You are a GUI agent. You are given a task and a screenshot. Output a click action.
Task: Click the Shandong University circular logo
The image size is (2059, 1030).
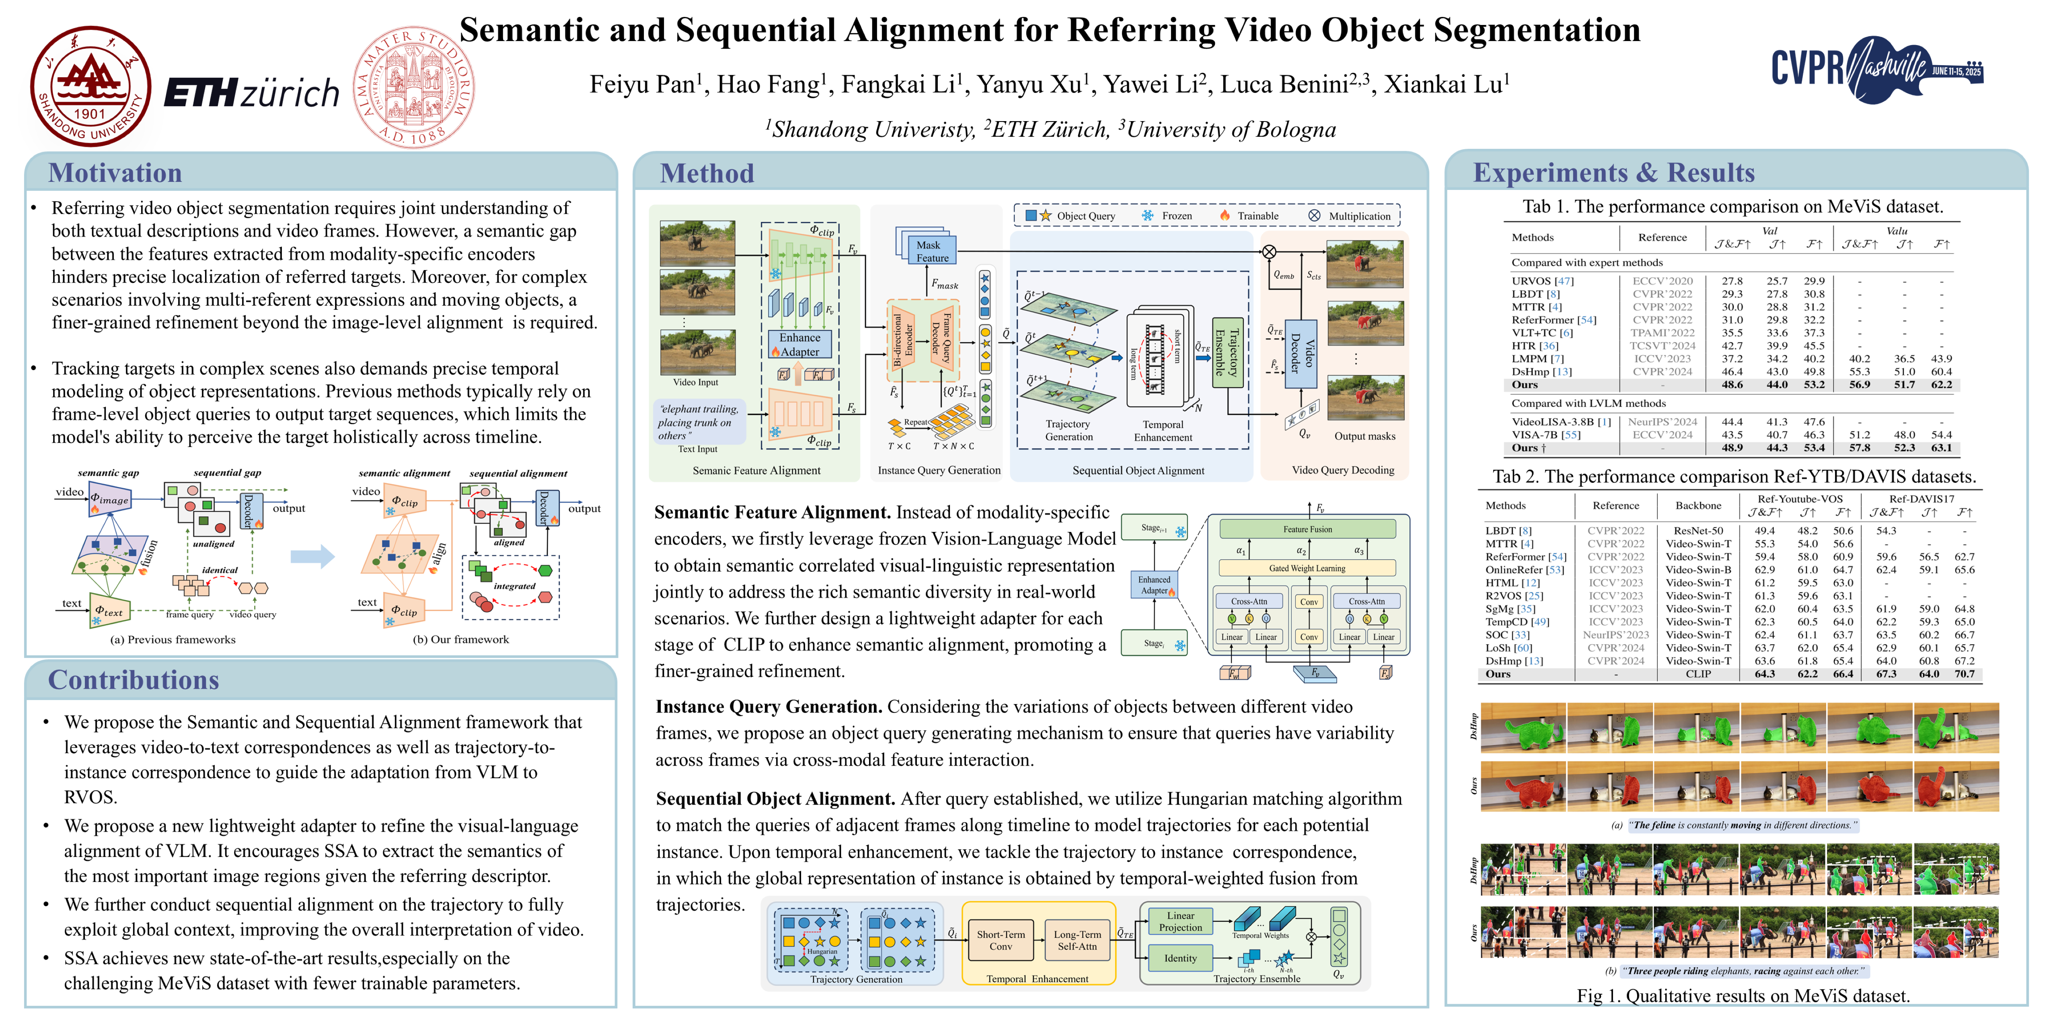90,87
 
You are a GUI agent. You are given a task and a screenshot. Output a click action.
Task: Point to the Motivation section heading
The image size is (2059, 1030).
115,173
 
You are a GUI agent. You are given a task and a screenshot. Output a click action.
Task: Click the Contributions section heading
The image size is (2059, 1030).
134,680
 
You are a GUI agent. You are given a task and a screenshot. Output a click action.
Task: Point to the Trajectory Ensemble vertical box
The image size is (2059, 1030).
1227,352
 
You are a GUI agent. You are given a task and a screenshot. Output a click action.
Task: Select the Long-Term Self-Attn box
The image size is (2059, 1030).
1077,940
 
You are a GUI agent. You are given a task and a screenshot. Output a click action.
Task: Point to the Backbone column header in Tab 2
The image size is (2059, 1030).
1698,505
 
